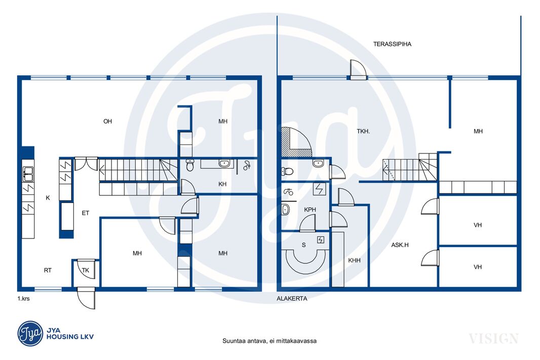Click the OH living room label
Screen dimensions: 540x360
[x=107, y=121]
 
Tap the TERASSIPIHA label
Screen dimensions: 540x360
[x=392, y=44]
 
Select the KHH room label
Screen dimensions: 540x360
[x=354, y=261]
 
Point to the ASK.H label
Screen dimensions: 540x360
[x=400, y=245]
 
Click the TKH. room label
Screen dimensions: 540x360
[x=363, y=131]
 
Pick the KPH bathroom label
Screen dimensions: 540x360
[x=310, y=210]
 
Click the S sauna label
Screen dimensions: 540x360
[x=304, y=245]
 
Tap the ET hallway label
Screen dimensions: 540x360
[x=86, y=213]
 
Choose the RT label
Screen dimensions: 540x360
[x=48, y=270]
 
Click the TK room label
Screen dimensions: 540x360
[x=86, y=270]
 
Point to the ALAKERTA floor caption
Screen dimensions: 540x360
[x=292, y=299]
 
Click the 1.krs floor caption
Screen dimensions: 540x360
[x=23, y=299]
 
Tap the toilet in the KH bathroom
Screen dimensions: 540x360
[x=190, y=165]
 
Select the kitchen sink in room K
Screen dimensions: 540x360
[x=28, y=174]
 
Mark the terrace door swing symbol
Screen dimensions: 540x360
[x=357, y=69]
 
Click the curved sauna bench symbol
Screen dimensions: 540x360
[x=303, y=262]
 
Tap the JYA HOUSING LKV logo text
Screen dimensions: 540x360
[x=70, y=334]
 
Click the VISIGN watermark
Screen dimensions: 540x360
[x=493, y=339]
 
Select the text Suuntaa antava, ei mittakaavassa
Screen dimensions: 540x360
[x=269, y=341]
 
